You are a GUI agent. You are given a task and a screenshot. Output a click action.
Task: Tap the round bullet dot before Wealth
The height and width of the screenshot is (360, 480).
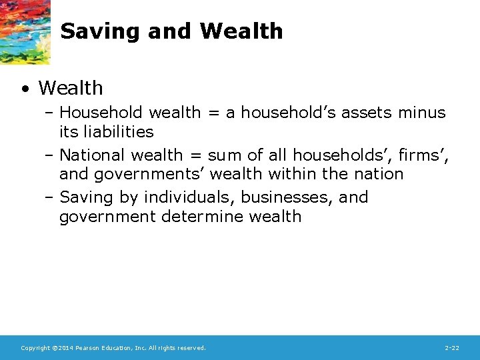point(25,89)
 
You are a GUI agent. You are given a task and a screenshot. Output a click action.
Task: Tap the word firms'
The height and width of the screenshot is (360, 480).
point(426,155)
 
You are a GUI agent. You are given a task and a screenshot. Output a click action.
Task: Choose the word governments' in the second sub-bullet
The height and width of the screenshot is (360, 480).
point(151,174)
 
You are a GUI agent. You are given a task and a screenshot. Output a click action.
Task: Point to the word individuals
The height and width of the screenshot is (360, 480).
point(189,198)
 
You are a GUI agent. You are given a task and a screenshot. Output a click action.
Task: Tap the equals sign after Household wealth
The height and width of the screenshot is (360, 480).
point(213,113)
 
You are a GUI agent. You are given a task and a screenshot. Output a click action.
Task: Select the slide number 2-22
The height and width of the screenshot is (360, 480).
point(451,348)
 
